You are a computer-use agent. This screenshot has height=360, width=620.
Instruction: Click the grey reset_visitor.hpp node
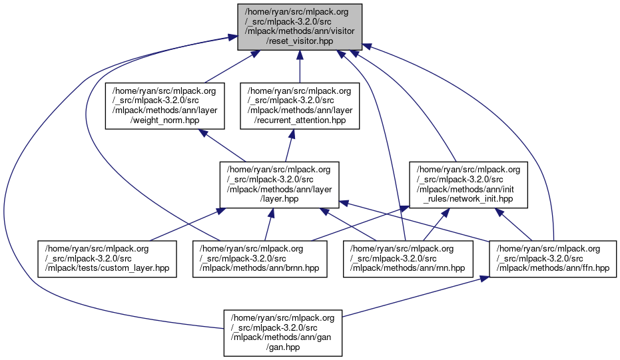(299, 25)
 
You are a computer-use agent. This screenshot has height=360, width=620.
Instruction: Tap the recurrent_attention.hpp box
(300, 105)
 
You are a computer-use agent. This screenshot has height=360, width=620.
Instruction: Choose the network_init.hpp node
(468, 184)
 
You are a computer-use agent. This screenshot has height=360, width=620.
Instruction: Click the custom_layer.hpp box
(107, 258)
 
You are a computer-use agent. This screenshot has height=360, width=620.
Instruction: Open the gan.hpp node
(283, 330)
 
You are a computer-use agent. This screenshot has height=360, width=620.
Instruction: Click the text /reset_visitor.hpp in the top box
(299, 41)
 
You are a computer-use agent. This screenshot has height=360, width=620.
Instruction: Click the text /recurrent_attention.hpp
(300, 120)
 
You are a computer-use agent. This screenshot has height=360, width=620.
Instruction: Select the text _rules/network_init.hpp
(469, 199)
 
